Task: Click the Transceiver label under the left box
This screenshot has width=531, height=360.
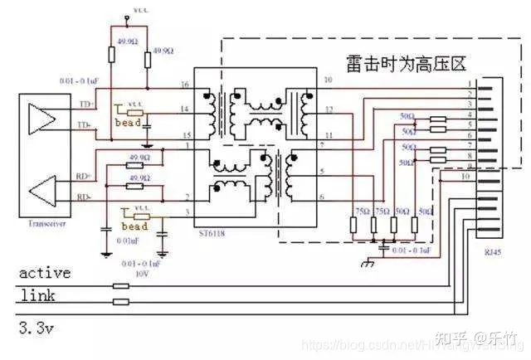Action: click(41, 223)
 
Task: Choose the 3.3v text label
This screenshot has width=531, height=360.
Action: click(36, 329)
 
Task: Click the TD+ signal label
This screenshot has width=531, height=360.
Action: click(84, 106)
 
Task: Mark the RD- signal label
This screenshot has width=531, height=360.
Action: click(84, 197)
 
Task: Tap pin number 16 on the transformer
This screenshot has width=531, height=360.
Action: click(185, 85)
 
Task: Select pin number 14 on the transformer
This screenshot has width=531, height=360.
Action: click(185, 109)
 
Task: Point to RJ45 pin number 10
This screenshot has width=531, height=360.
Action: click(465, 177)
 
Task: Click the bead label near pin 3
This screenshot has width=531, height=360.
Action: click(134, 226)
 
